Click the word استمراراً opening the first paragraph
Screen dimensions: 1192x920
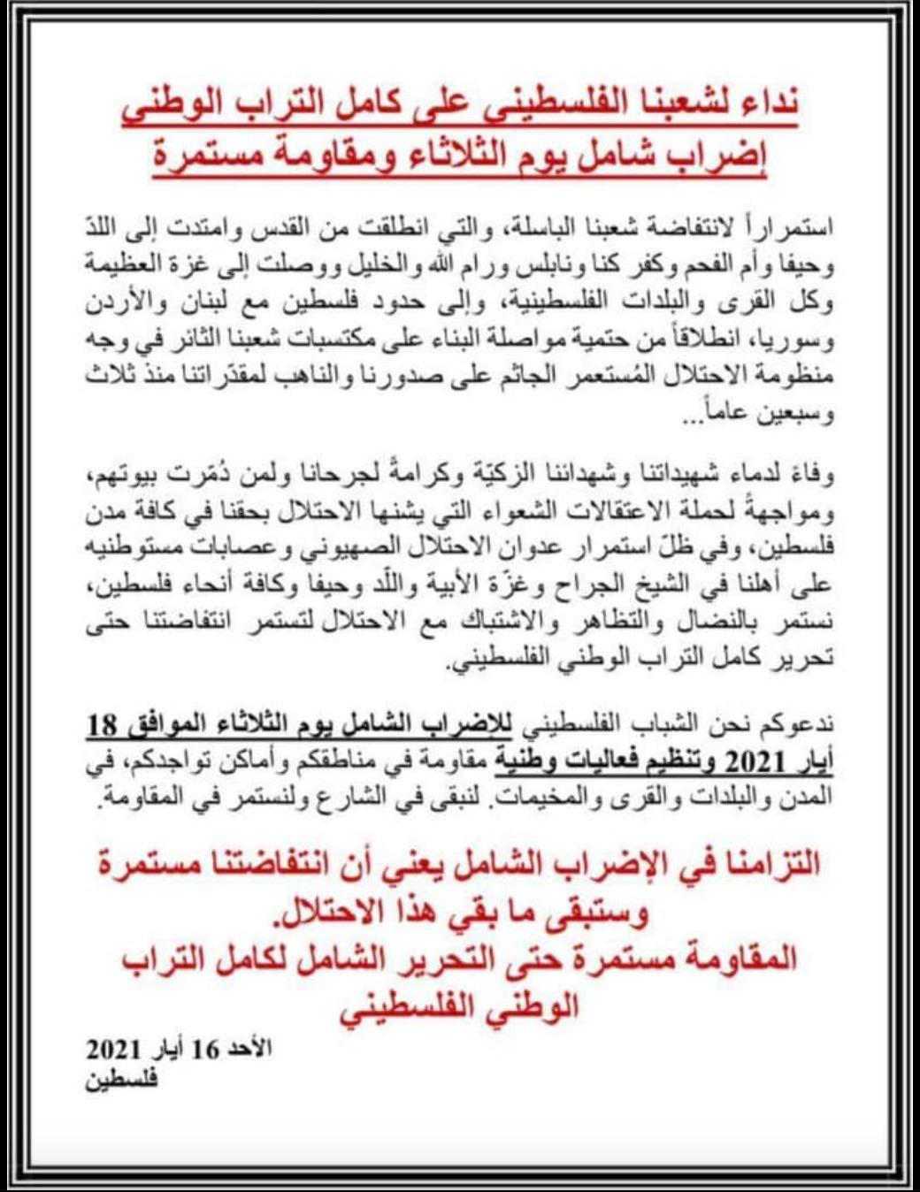pyautogui.click(x=786, y=228)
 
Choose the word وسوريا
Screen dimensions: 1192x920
pyautogui.click(x=799, y=340)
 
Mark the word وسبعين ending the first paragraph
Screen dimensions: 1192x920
pyautogui.click(x=793, y=414)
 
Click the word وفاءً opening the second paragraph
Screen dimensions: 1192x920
pyautogui.click(x=810, y=477)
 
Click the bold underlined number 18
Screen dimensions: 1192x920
pyautogui.click(x=103, y=725)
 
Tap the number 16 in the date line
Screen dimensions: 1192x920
pyautogui.click(x=205, y=1050)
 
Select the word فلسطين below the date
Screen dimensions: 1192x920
pyautogui.click(x=121, y=1080)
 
